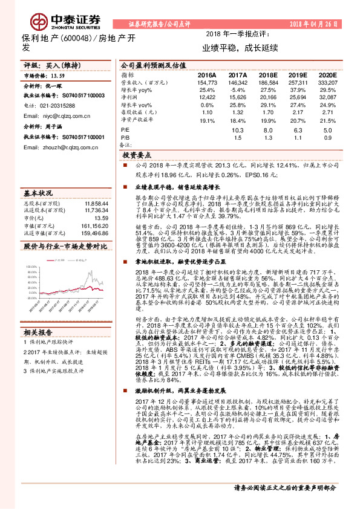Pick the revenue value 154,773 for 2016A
tap(207, 82)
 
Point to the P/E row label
tap(125, 130)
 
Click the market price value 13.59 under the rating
tap(57, 76)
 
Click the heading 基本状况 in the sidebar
tap(38, 194)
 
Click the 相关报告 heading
tap(38, 332)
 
